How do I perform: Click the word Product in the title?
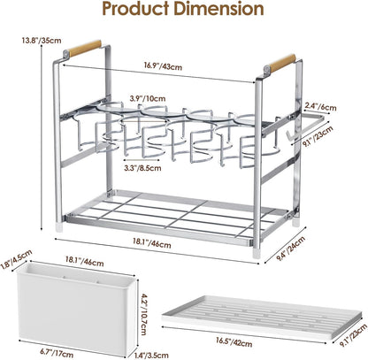pos(135,9)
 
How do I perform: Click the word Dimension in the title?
pos(218,9)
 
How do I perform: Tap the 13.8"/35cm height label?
pos(42,40)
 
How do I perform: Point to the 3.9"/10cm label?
pos(148,98)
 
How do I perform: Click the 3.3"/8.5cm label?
pos(142,168)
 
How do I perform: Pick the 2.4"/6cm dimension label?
pos(320,106)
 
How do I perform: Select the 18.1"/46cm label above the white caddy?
pos(84,261)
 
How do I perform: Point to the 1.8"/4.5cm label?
pos(17,259)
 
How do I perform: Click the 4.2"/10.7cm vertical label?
pos(143,314)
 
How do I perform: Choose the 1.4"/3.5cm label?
pos(152,355)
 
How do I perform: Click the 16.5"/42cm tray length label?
pos(234,342)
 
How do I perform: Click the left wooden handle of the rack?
pos(85,49)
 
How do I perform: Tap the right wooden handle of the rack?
pos(282,63)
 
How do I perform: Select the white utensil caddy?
pos(78,310)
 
